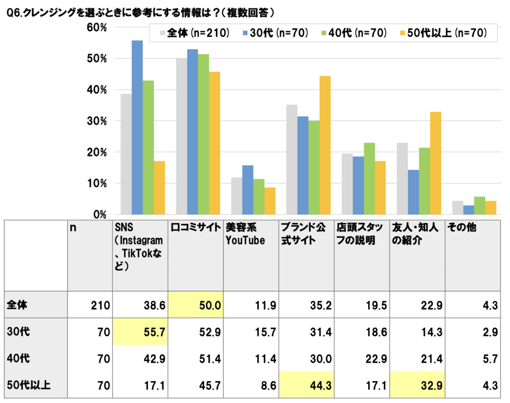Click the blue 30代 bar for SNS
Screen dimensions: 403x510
click(x=137, y=127)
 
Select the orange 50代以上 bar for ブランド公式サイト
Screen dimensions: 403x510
click(x=325, y=145)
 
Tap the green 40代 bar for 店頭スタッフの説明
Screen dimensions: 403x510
click(x=369, y=178)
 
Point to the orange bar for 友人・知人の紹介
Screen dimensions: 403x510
click(x=435, y=163)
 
